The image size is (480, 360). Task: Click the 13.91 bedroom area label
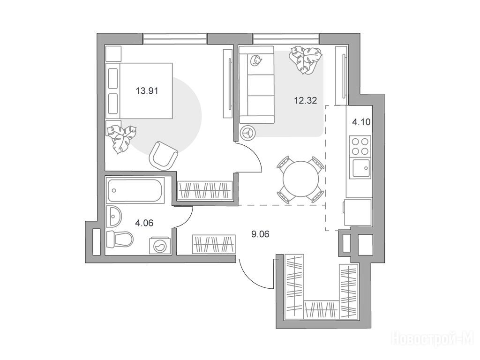[x=147, y=91]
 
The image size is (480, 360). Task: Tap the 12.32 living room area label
[x=305, y=100]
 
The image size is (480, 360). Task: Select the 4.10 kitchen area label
[x=361, y=122]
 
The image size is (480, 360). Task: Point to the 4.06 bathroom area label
[x=144, y=223]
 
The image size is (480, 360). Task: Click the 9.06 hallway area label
[x=260, y=234]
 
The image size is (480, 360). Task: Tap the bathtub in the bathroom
[x=135, y=190]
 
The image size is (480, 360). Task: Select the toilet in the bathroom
[x=120, y=239]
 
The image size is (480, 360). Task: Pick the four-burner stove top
[x=360, y=146]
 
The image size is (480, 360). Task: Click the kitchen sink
[x=361, y=168]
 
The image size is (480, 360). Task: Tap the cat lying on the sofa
[x=255, y=60]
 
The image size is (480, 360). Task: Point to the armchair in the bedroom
[x=163, y=155]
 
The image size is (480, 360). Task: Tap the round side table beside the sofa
[x=248, y=133]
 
